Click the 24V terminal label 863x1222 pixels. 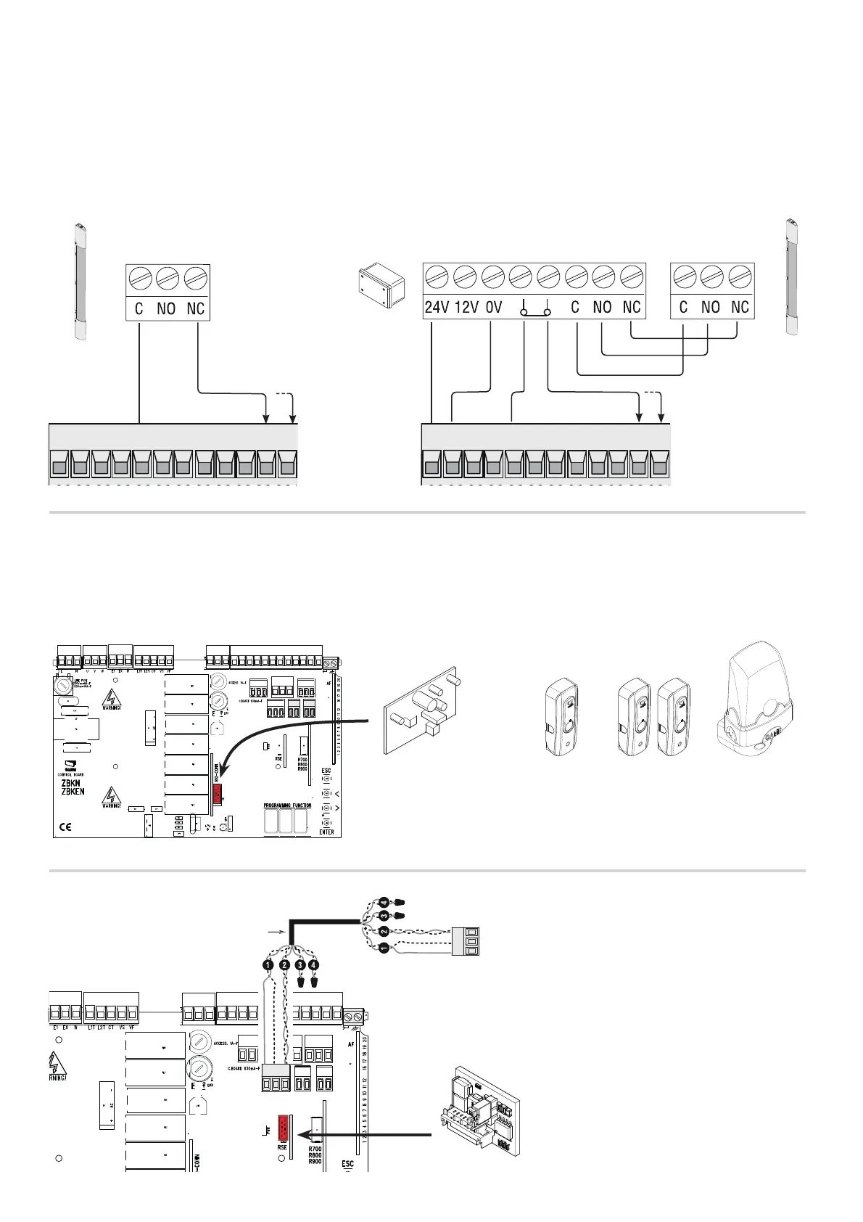(437, 307)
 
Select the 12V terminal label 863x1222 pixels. (466, 307)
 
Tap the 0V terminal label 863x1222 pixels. (493, 307)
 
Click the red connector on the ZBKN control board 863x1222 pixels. (217, 795)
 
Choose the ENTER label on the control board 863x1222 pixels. (326, 832)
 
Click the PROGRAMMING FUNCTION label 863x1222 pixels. (286, 805)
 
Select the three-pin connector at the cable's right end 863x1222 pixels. (464, 941)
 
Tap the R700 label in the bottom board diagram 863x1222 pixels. (315, 1149)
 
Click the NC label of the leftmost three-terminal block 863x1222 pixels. (195, 308)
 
